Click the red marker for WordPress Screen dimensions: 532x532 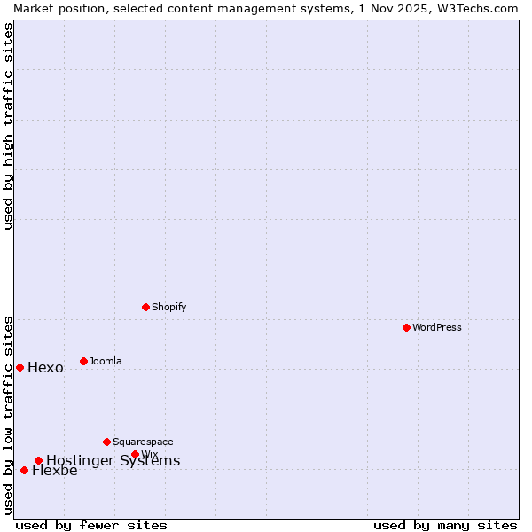(406, 327)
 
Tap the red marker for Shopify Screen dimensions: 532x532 (145, 307)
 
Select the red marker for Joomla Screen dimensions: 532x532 (83, 361)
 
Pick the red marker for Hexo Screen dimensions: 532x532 (20, 367)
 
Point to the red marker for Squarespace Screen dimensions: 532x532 (106, 442)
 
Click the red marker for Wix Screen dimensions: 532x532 (135, 454)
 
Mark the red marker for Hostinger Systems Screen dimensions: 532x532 (38, 460)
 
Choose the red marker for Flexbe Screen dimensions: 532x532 (24, 470)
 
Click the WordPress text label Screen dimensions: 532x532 (437, 327)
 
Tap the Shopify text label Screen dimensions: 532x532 (168, 307)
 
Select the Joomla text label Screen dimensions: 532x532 (106, 361)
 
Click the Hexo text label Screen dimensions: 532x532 (45, 368)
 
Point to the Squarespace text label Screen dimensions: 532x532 (143, 442)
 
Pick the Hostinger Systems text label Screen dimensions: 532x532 (113, 460)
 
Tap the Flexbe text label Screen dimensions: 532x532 (54, 471)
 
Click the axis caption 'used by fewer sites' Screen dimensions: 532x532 (91, 525)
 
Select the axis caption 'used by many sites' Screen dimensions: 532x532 (445, 525)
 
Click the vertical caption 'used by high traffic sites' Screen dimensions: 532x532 (8, 126)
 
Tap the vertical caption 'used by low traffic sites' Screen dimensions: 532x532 (8, 415)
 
